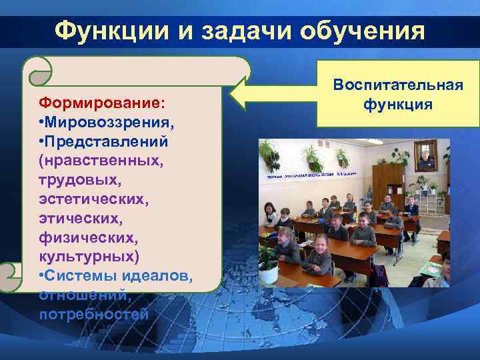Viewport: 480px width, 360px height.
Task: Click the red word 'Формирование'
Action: (100, 104)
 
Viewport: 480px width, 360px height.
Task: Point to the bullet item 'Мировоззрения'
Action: (111, 123)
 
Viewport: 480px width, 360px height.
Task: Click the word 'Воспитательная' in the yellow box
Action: (398, 87)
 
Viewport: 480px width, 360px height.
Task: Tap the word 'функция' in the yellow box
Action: (398, 105)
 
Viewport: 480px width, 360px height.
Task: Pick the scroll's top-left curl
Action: (37, 70)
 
